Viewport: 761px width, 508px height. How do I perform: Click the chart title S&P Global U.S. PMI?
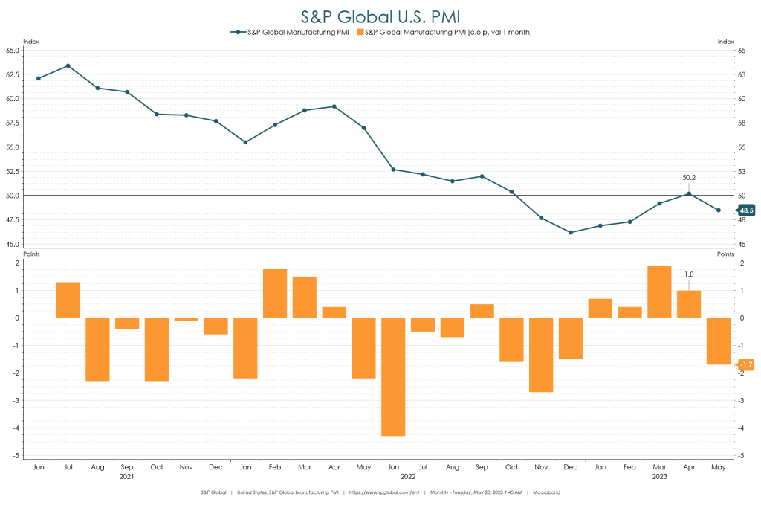point(380,16)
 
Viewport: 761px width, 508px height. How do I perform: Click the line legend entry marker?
point(238,32)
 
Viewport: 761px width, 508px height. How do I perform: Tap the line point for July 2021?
point(68,65)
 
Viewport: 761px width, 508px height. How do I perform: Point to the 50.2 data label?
point(689,178)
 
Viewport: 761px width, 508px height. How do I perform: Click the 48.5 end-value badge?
point(745,210)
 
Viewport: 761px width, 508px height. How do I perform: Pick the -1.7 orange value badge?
point(746,364)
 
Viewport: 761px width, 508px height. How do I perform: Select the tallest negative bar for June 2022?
point(393,376)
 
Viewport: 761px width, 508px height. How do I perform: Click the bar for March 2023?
point(659,292)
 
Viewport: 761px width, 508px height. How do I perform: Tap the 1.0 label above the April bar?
point(689,274)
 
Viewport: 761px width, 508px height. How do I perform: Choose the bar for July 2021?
point(68,300)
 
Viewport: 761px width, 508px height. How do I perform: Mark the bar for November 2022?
point(541,355)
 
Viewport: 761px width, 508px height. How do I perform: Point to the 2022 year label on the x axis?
point(408,475)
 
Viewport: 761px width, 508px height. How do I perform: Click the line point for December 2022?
point(571,233)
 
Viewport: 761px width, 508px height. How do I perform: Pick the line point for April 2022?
point(334,106)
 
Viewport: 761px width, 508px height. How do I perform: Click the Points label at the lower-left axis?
point(32,254)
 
